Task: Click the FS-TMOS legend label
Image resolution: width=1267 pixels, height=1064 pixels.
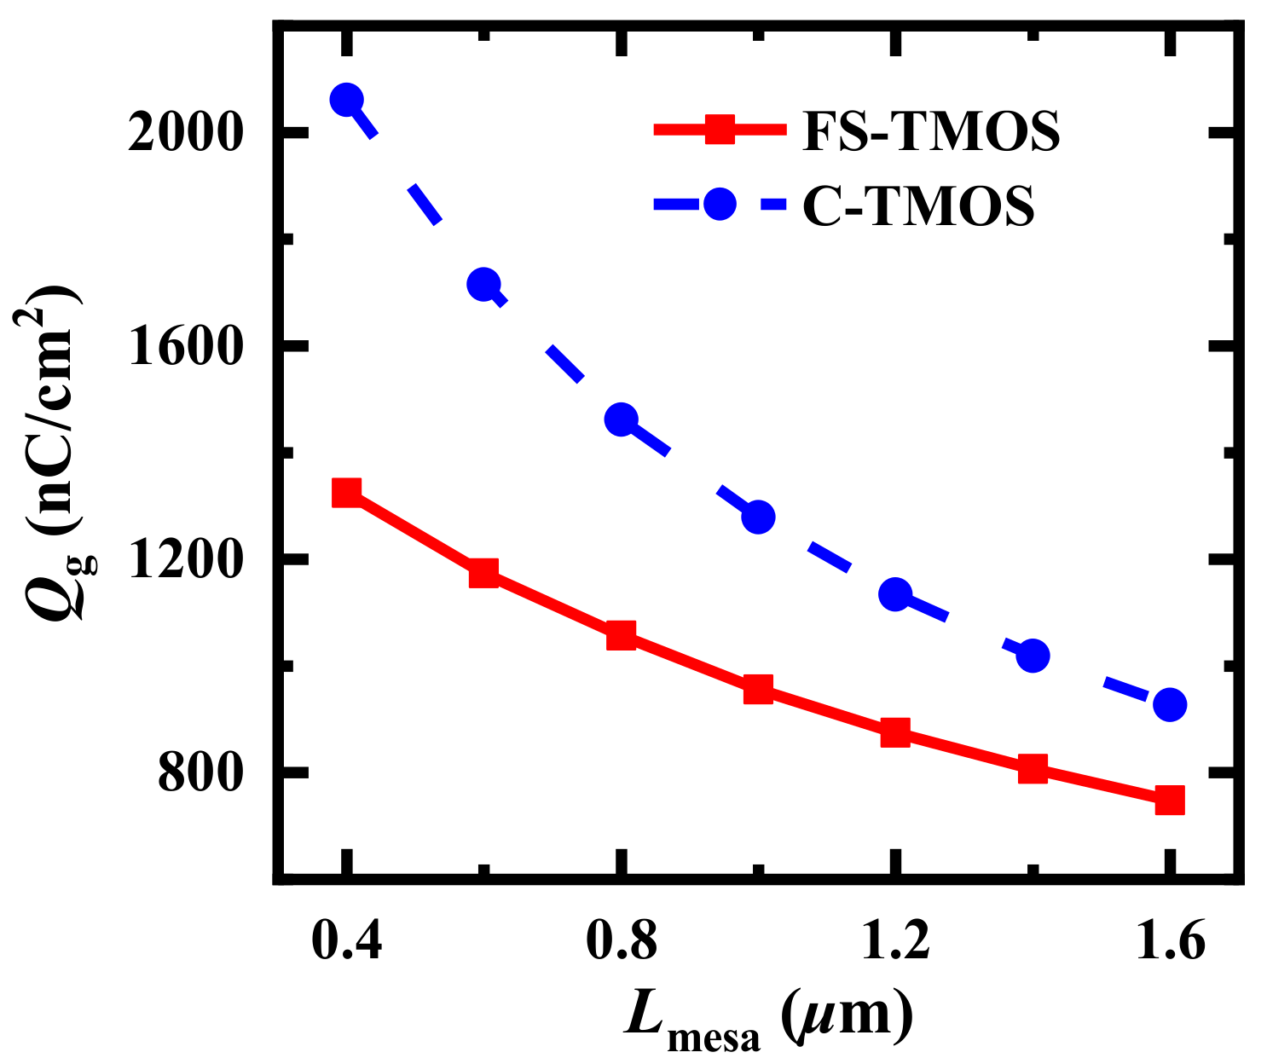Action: coord(931,130)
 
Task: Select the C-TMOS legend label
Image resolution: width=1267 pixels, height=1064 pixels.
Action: coord(918,205)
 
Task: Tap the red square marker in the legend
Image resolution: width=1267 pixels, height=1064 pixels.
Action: coord(720,130)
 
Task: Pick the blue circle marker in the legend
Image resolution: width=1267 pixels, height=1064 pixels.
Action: coord(720,205)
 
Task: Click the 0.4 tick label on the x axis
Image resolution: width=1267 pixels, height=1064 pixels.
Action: coord(345,945)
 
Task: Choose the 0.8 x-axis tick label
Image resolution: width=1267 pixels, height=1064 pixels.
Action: coord(621,945)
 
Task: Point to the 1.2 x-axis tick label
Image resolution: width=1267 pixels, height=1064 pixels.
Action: coord(895,945)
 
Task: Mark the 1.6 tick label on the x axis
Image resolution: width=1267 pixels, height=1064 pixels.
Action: coord(1170,945)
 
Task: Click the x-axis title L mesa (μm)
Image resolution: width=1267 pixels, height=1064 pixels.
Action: coord(767,1019)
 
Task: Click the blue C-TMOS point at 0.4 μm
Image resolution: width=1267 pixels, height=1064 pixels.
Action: coord(346,100)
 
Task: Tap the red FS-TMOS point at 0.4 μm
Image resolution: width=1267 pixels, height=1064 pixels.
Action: coord(346,492)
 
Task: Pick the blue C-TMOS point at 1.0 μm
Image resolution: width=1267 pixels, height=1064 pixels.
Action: coord(758,517)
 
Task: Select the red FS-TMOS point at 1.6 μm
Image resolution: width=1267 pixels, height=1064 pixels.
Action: coord(1170,800)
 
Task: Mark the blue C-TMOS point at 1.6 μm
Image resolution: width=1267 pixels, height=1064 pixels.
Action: coord(1170,704)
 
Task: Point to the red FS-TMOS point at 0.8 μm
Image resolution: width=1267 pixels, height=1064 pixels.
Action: coord(621,635)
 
